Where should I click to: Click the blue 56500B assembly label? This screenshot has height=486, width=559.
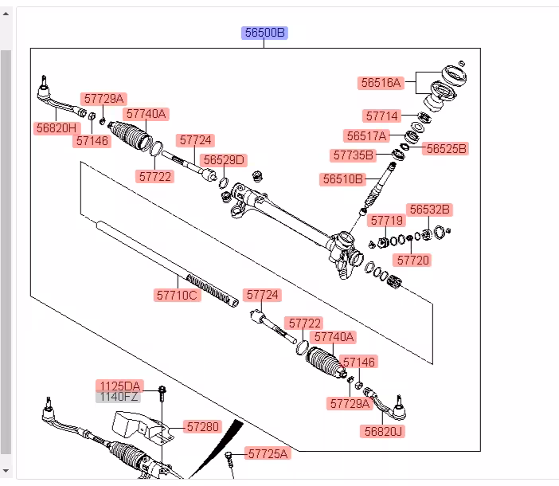pos(264,33)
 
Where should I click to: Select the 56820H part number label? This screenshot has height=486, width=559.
pos(57,127)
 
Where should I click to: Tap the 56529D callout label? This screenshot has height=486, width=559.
pos(223,160)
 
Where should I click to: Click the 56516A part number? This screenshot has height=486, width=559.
pos(381,82)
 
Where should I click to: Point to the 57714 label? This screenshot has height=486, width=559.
pos(382,116)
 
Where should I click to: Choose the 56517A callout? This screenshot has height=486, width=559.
pos(366,135)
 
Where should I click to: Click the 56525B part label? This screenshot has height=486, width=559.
pos(446,148)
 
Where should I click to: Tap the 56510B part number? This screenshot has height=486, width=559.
pos(343,179)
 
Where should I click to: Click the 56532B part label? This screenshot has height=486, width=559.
pos(429,210)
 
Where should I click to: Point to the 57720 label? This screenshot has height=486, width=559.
pos(412,260)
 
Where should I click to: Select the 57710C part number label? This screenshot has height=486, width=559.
pos(177,295)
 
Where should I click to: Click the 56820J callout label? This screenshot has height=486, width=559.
pos(383,431)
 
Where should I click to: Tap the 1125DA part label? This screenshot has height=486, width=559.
pos(119,386)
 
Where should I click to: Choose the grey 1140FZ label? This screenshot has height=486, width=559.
pos(119,396)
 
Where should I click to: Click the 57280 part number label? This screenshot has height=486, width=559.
pos(202,427)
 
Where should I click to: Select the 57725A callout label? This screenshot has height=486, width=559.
pos(268,453)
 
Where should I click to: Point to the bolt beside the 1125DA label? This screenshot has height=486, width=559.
pos(162,391)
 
